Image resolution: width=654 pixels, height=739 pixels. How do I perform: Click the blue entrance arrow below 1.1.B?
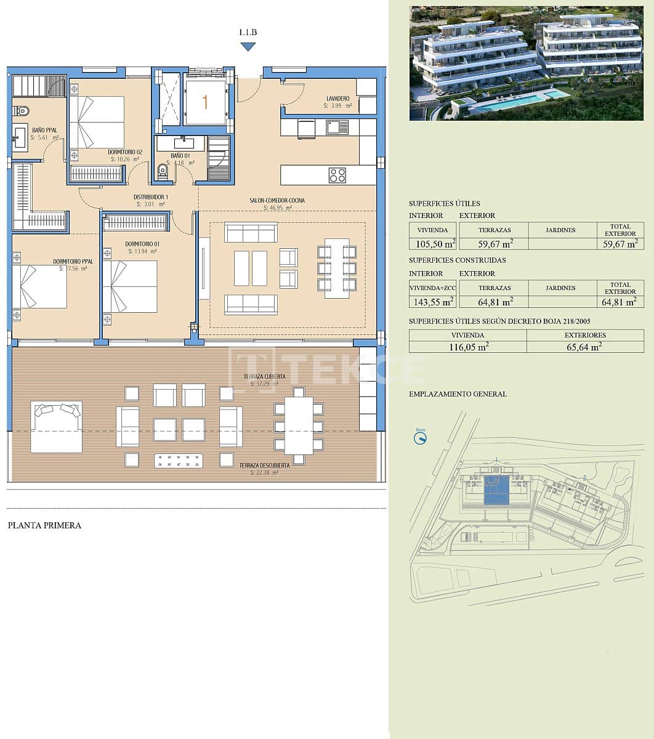248,47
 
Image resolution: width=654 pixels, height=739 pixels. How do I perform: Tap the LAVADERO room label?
337,99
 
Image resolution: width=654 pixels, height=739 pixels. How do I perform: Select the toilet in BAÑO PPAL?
21,111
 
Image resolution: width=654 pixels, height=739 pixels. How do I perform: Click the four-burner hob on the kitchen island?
337,175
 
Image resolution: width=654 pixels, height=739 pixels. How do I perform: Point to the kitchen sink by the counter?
337,127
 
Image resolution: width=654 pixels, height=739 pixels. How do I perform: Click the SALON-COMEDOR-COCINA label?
277,201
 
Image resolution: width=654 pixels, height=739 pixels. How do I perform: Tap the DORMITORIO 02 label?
125,152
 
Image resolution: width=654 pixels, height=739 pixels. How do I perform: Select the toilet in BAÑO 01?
163,170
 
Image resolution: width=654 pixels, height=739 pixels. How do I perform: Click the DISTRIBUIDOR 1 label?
151,197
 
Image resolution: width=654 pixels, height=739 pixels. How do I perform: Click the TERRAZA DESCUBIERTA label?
264,466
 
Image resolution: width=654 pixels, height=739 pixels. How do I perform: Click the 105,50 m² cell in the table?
432,243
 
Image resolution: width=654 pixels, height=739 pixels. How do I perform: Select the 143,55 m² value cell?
432,301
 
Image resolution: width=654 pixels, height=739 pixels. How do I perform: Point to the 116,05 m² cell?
468,347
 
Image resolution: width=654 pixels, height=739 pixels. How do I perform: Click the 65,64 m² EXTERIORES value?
584,347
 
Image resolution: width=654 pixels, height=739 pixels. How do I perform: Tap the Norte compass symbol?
421,438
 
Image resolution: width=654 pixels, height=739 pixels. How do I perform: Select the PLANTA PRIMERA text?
44,525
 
